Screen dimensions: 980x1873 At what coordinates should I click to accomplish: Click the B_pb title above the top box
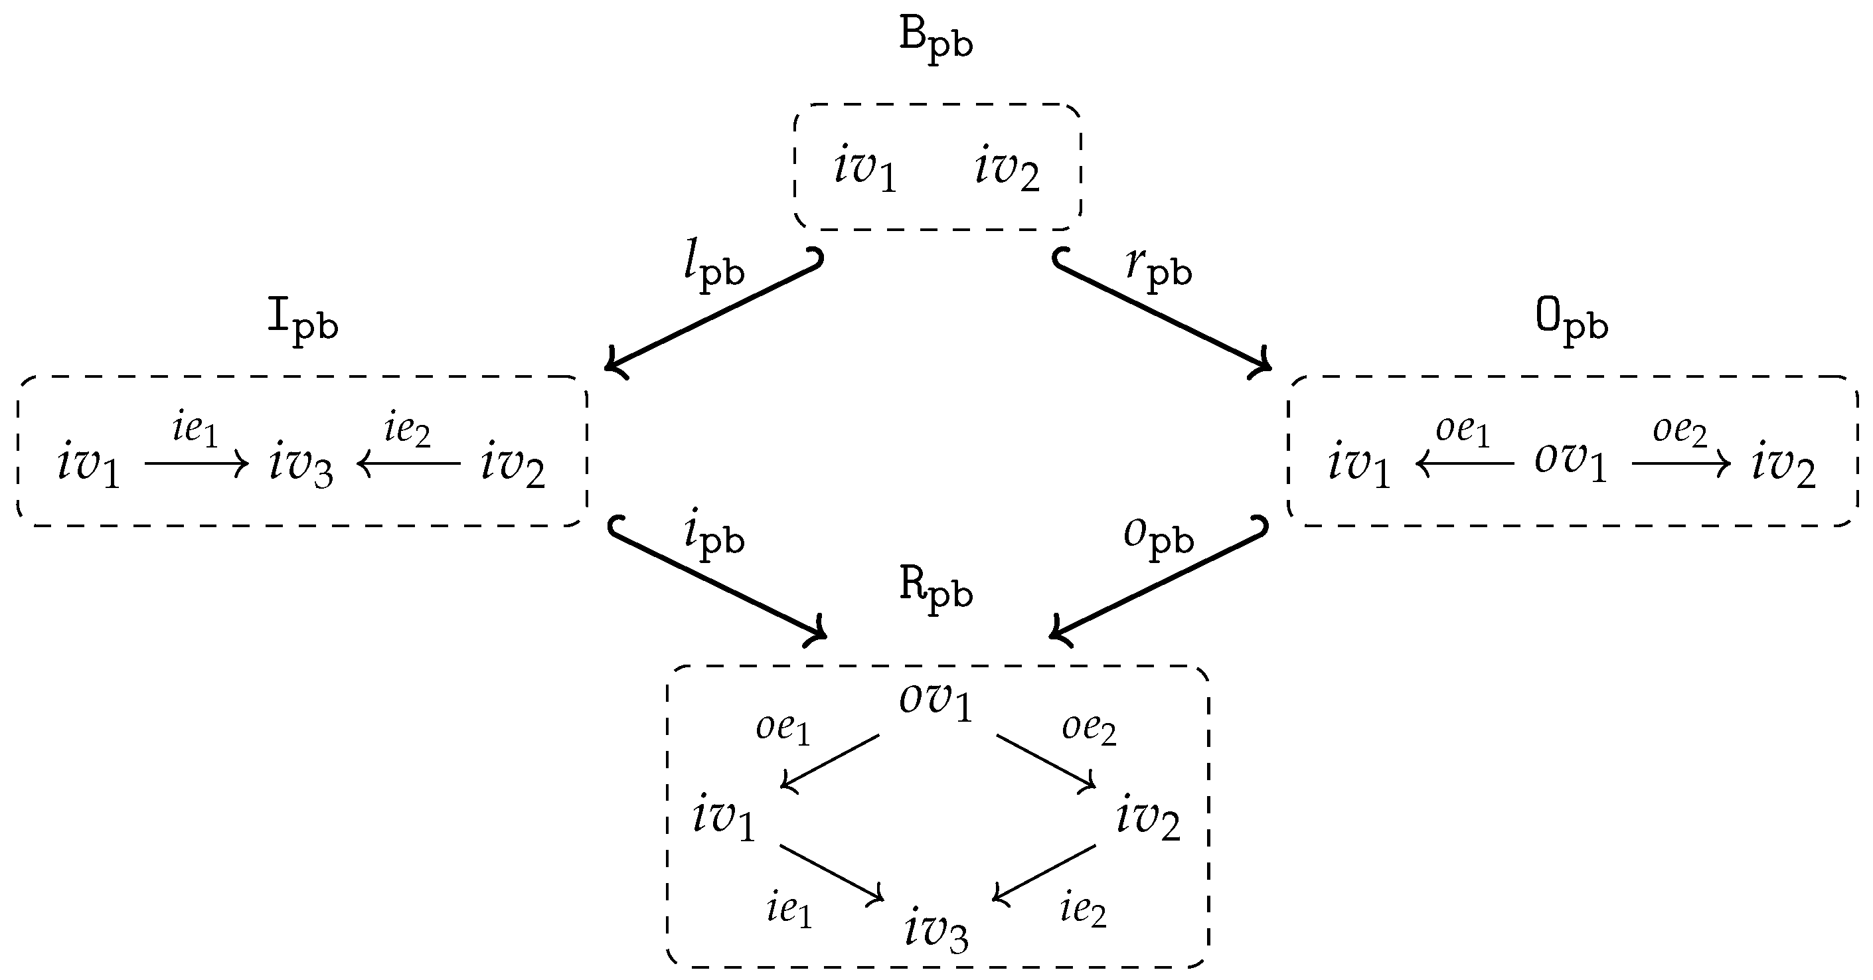(x=935, y=40)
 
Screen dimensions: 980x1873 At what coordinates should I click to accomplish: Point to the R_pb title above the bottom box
(x=935, y=589)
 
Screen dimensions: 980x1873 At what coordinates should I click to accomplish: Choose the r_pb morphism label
(x=1159, y=269)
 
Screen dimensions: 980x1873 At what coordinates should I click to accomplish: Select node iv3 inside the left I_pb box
(x=301, y=464)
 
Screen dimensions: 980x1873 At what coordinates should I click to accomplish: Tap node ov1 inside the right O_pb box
(x=1570, y=461)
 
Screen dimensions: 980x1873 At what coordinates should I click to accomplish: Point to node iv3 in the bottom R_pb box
(x=936, y=931)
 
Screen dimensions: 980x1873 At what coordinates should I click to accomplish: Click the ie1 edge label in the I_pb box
(x=195, y=429)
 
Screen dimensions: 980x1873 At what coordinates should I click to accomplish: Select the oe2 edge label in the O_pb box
(x=1680, y=430)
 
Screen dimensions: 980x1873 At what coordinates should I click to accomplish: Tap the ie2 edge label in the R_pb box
(x=1083, y=910)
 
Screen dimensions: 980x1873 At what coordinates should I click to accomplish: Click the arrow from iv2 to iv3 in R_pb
(x=1045, y=872)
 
